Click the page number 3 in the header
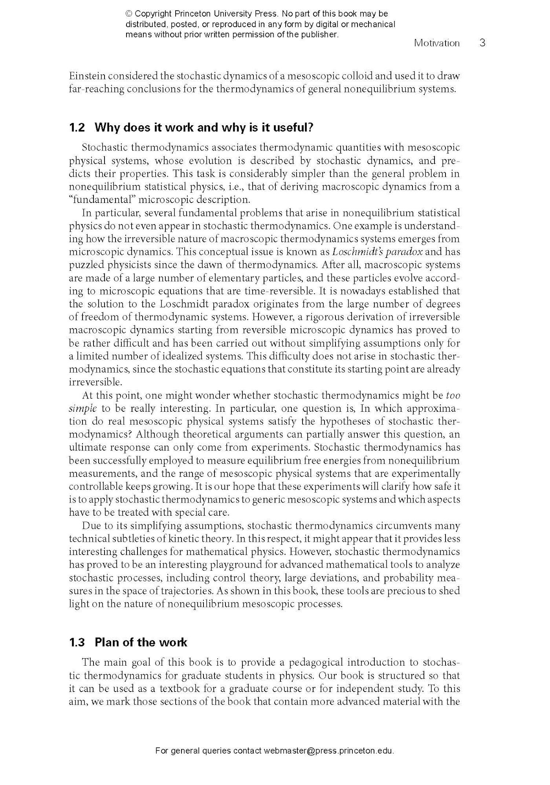[482, 43]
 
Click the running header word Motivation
[436, 43]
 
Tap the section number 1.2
[77, 128]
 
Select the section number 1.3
[77, 642]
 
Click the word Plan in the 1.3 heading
[106, 642]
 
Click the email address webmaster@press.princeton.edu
[329, 751]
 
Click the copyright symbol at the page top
[129, 14]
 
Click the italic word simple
[83, 408]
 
